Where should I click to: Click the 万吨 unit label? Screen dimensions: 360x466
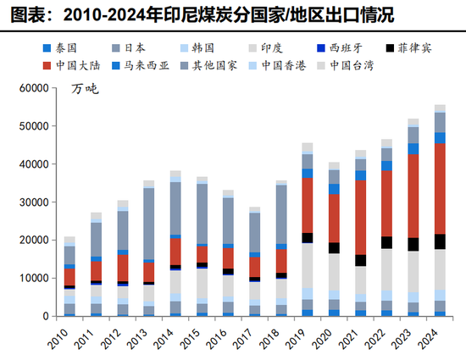pyautogui.click(x=85, y=88)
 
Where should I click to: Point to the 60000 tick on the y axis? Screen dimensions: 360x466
pyautogui.click(x=38, y=88)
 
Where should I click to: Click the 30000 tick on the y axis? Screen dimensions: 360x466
pyautogui.click(x=38, y=202)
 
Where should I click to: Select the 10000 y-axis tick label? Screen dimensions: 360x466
pyautogui.click(x=38, y=279)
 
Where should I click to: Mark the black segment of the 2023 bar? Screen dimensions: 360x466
pyautogui.click(x=413, y=244)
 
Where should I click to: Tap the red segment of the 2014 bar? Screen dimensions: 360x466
pyautogui.click(x=175, y=252)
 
